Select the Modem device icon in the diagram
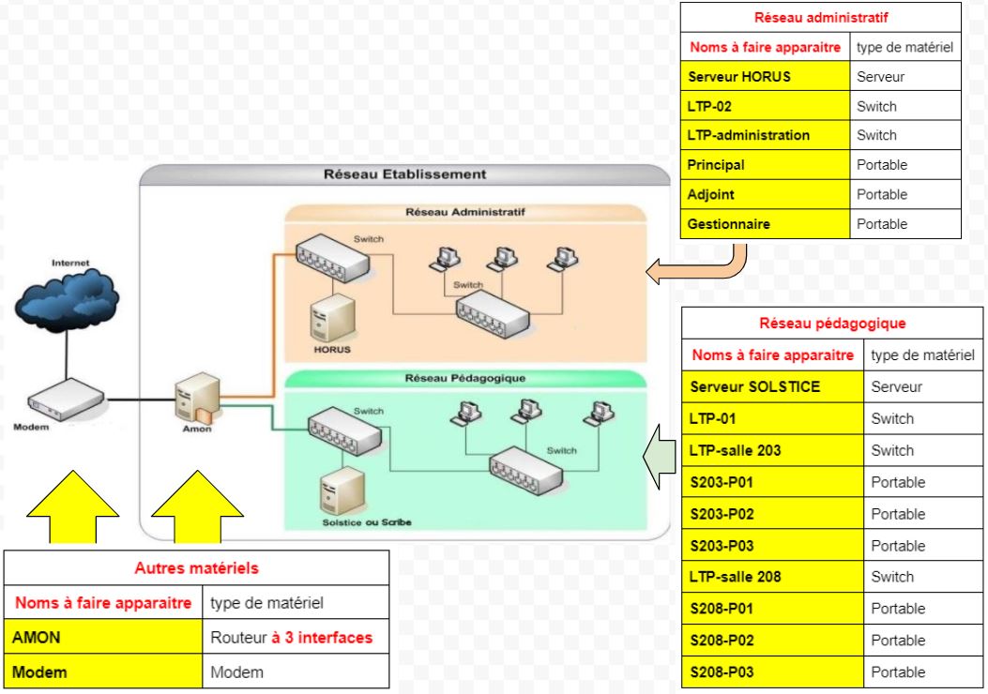click(x=65, y=399)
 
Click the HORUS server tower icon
click(x=333, y=319)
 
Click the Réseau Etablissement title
click(x=404, y=173)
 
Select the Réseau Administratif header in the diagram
click(x=464, y=212)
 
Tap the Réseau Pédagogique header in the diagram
click(x=464, y=379)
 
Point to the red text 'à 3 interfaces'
click(x=322, y=638)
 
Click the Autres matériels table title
click(x=196, y=568)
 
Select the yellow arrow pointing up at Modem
click(x=72, y=506)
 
